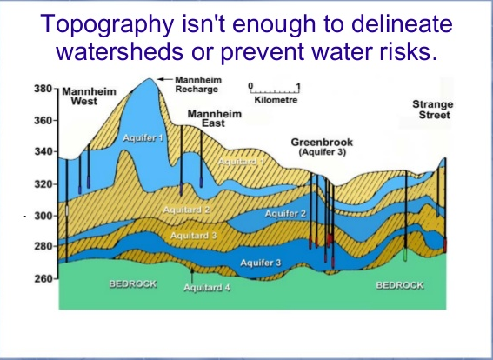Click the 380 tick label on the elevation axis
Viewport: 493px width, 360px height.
(x=43, y=89)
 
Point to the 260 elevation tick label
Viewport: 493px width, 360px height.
(x=43, y=279)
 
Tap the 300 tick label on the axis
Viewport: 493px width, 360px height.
(x=43, y=216)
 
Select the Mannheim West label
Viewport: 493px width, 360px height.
(x=89, y=97)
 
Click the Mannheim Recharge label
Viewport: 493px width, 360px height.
(x=198, y=84)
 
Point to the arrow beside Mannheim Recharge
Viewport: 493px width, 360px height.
(x=164, y=79)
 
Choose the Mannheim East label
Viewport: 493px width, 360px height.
(x=215, y=118)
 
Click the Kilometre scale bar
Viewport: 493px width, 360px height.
(x=275, y=92)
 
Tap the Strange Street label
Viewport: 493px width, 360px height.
(x=434, y=110)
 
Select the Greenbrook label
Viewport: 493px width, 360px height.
(x=322, y=143)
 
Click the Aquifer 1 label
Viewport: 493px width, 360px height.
(x=143, y=137)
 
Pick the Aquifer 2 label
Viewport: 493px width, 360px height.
(x=285, y=214)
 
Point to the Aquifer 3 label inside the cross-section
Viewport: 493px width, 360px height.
(x=261, y=263)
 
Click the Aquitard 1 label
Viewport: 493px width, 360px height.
(x=242, y=162)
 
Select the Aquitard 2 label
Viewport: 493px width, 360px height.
(x=186, y=210)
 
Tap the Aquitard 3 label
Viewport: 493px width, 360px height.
(x=193, y=236)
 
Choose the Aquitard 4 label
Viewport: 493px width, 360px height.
(x=207, y=287)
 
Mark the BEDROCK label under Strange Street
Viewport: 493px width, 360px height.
(x=400, y=285)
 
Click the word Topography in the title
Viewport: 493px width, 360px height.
(x=107, y=23)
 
